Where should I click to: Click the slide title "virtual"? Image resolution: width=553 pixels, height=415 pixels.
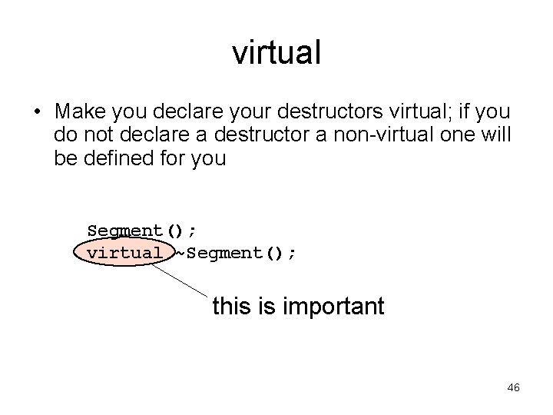click(276, 53)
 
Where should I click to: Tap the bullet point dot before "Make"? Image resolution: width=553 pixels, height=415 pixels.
click(37, 113)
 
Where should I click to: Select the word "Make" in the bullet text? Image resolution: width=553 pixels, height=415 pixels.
click(81, 112)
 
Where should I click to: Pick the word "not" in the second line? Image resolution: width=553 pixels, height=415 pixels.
click(100, 136)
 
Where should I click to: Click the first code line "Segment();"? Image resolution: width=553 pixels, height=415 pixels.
click(142, 231)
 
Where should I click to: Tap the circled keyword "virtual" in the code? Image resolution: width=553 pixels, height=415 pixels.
click(124, 252)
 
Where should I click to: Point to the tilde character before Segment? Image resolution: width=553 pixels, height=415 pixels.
click(180, 252)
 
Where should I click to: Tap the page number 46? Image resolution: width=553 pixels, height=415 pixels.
click(513, 388)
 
